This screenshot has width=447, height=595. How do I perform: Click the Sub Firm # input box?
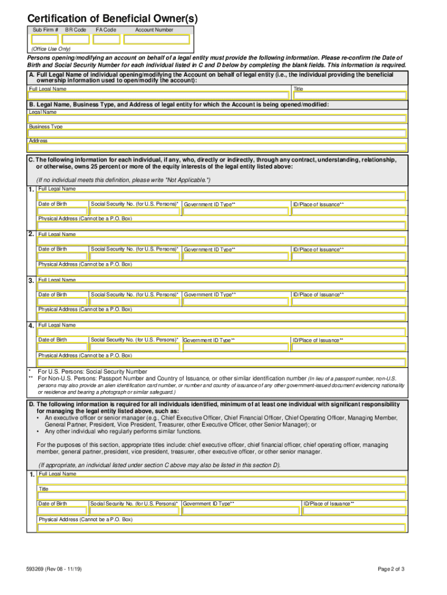(x=44, y=40)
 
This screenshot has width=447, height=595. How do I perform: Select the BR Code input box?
(x=76, y=40)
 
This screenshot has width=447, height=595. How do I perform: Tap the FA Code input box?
(x=107, y=40)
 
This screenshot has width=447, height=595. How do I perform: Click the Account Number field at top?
(x=157, y=40)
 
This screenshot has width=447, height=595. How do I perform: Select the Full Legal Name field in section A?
(x=159, y=96)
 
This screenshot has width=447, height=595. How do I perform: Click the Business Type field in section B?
(x=217, y=134)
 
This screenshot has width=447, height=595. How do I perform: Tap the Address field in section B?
(x=217, y=148)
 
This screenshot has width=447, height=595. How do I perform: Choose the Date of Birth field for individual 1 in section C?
(x=63, y=212)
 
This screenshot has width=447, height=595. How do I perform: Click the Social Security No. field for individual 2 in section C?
(x=135, y=257)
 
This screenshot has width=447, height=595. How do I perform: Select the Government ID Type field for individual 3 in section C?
(x=235, y=302)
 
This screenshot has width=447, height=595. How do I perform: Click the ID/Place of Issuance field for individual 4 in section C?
(x=348, y=347)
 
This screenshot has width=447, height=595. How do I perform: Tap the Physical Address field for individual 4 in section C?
(x=221, y=362)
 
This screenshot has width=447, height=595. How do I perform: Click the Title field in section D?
(x=221, y=496)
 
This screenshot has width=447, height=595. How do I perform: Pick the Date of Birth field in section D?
(x=63, y=511)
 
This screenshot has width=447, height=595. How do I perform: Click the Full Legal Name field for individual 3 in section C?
(x=221, y=286)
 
